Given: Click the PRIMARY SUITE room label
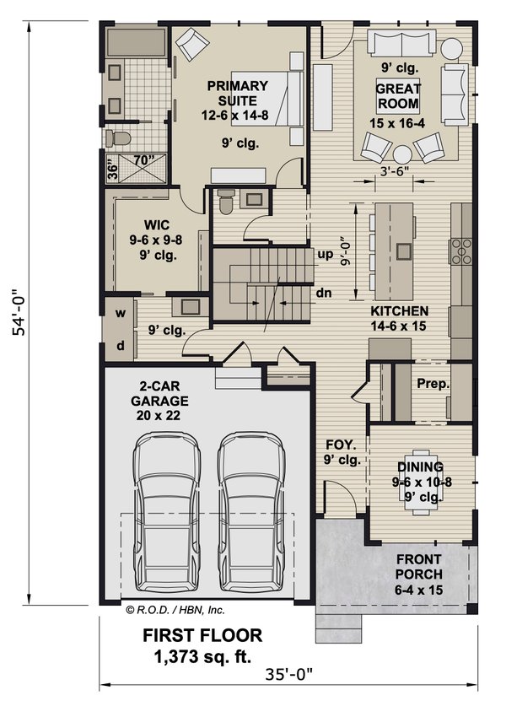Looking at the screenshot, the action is tap(237, 94).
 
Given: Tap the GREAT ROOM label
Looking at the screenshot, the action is tap(398, 96).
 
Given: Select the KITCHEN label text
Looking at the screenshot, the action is tap(399, 311).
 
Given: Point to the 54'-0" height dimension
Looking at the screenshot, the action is tap(19, 312).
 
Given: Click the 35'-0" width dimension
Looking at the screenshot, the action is tap(290, 674).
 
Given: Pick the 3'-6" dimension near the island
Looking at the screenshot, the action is tap(394, 171).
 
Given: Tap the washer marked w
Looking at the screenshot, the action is tap(121, 313).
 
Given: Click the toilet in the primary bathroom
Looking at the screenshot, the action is tap(118, 138).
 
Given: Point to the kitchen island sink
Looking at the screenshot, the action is tap(404, 251).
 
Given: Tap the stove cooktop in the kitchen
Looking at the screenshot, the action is tap(461, 251).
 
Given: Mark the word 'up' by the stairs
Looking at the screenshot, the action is tap(326, 255).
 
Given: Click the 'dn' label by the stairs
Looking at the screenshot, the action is tap(324, 293).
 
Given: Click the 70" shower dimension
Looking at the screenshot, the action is tap(143, 160).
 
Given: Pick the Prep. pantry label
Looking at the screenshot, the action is tap(433, 384).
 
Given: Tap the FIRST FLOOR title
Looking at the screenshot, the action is tap(202, 636).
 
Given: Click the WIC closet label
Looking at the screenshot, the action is tap(156, 225).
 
